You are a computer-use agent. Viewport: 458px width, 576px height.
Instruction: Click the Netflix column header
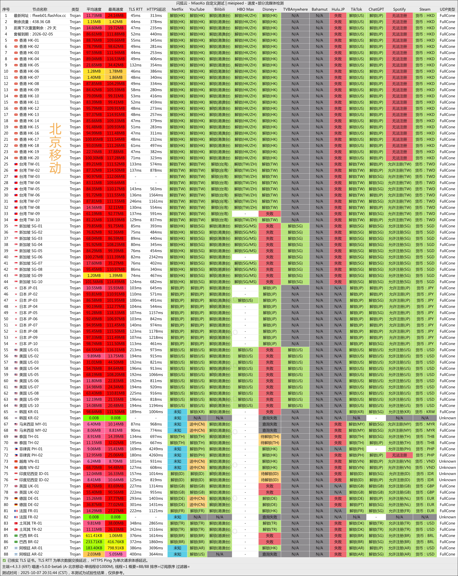click(x=177, y=9)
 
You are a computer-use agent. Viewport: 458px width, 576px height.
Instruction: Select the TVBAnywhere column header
click(x=295, y=9)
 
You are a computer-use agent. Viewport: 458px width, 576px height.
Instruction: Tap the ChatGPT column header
click(x=376, y=9)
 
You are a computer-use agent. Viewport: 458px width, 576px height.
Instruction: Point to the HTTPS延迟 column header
click(x=156, y=9)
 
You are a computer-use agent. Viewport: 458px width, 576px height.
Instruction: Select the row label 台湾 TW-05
click(x=29, y=189)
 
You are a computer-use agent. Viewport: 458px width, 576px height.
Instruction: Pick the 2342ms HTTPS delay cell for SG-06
click(x=156, y=257)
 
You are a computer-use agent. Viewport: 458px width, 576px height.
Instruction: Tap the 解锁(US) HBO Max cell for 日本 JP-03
click(x=245, y=300)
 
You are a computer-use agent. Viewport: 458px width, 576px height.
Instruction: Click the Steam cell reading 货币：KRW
click(x=425, y=412)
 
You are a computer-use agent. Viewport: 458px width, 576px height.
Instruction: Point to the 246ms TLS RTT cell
click(x=135, y=201)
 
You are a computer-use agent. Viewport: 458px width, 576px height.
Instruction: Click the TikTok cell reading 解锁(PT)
click(x=356, y=505)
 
